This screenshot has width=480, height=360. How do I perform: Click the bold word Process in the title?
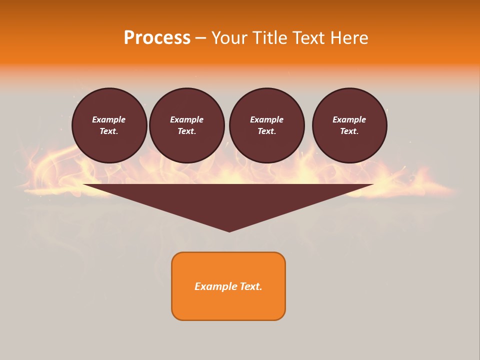pos(157,38)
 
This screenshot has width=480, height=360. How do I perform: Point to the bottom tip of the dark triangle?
pos(229,230)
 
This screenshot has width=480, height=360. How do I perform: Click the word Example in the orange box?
pos(214,286)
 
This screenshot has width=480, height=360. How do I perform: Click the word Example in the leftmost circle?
pos(109,119)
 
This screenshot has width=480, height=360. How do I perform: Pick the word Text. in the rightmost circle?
pos(349,131)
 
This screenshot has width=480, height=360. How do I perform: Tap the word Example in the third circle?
pos(266,119)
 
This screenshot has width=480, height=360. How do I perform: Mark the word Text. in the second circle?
pos(186,131)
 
